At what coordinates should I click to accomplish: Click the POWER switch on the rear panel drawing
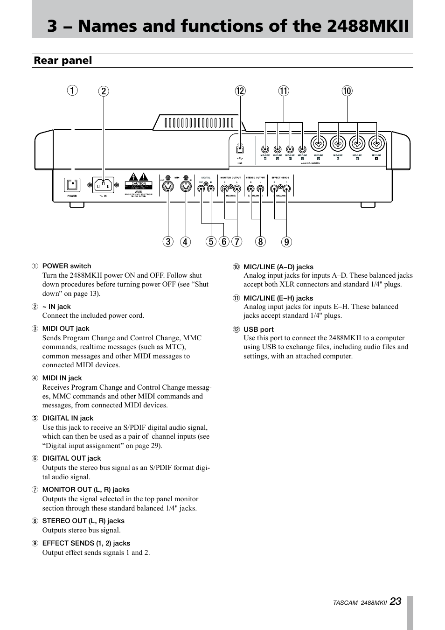[72, 185]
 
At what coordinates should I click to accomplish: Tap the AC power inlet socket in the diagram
[104, 185]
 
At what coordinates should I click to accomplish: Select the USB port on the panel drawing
[240, 149]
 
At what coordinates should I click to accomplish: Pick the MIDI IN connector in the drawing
[186, 188]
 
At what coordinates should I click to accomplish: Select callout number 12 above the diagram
[240, 91]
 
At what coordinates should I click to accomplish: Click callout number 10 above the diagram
[347, 91]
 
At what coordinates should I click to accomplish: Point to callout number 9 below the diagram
[286, 242]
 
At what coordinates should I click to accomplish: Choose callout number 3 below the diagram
[168, 242]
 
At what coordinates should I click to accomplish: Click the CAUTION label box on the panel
[139, 184]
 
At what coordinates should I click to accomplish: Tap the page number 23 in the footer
[396, 602]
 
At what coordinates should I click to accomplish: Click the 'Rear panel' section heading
[63, 61]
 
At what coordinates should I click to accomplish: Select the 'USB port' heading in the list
[258, 329]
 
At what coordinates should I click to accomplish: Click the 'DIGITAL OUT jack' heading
[71, 458]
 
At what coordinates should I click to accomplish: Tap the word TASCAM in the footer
[345, 603]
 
